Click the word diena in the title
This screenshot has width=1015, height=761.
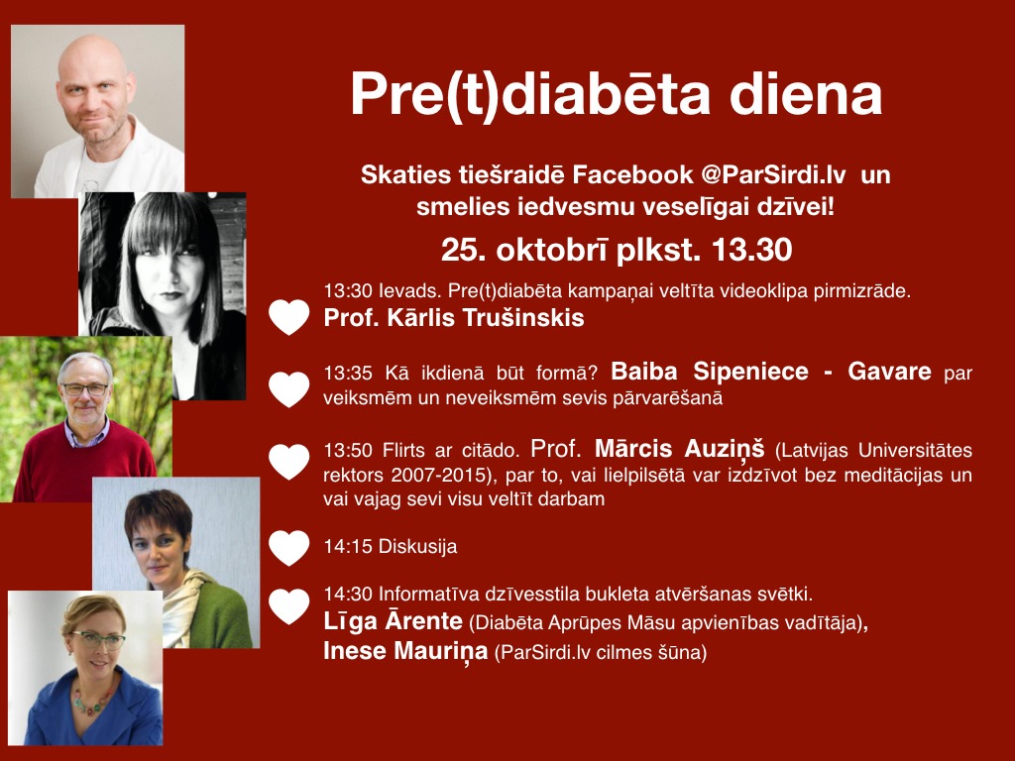click(806, 94)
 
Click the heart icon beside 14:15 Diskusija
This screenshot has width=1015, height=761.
click(289, 547)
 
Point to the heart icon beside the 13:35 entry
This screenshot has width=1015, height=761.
click(289, 389)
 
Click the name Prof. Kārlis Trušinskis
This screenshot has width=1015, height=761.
click(454, 318)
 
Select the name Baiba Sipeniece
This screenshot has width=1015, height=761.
click(710, 372)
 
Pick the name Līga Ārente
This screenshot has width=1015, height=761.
click(393, 620)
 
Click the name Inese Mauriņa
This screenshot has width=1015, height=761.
click(405, 650)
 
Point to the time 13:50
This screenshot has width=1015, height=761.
click(348, 451)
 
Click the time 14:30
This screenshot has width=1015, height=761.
click(348, 595)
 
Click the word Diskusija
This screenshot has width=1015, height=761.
click(417, 546)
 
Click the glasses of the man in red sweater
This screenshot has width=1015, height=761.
click(85, 388)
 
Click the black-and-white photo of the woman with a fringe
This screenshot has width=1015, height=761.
click(163, 296)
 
